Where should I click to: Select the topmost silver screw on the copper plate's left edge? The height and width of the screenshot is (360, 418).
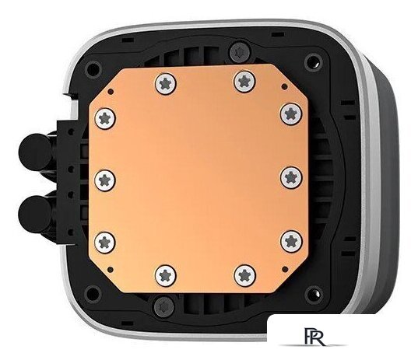click(107, 117)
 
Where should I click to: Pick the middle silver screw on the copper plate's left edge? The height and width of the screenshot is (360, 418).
click(106, 178)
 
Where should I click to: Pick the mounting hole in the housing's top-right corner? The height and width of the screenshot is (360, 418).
click(313, 60)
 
